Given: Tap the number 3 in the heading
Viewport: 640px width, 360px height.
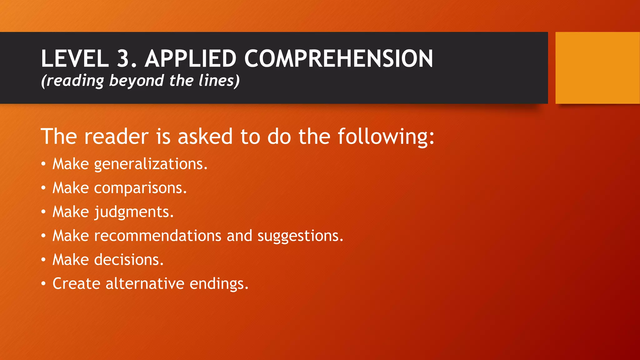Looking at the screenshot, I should (127, 58).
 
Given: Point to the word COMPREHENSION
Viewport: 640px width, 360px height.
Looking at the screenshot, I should (338, 58).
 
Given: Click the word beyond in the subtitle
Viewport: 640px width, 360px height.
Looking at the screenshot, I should (136, 81).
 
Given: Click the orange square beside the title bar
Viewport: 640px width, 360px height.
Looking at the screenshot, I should (597, 67).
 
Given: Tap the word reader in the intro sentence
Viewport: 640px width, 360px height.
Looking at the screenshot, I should (116, 137).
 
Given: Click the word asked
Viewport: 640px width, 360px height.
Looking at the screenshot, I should (205, 137).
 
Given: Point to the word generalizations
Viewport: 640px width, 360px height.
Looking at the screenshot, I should (151, 164).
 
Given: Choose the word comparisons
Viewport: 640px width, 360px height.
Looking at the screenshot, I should (140, 188).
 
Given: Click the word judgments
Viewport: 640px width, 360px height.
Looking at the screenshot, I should (134, 212).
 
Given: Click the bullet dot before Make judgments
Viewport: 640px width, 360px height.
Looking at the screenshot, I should (43, 212).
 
